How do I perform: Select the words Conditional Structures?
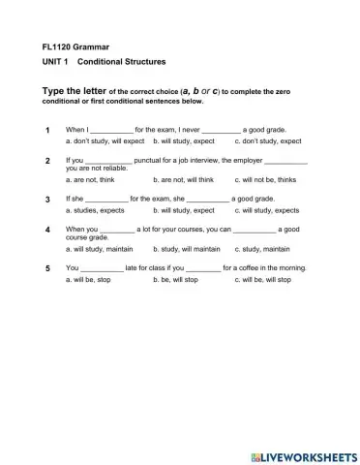tap(121, 61)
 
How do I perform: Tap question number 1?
tap(46, 129)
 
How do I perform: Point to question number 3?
tap(46, 199)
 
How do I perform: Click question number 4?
tap(46, 230)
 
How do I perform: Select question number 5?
tap(46, 268)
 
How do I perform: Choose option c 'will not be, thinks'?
tap(268, 179)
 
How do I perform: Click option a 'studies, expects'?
tap(94, 210)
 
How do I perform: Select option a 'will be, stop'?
tap(88, 280)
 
